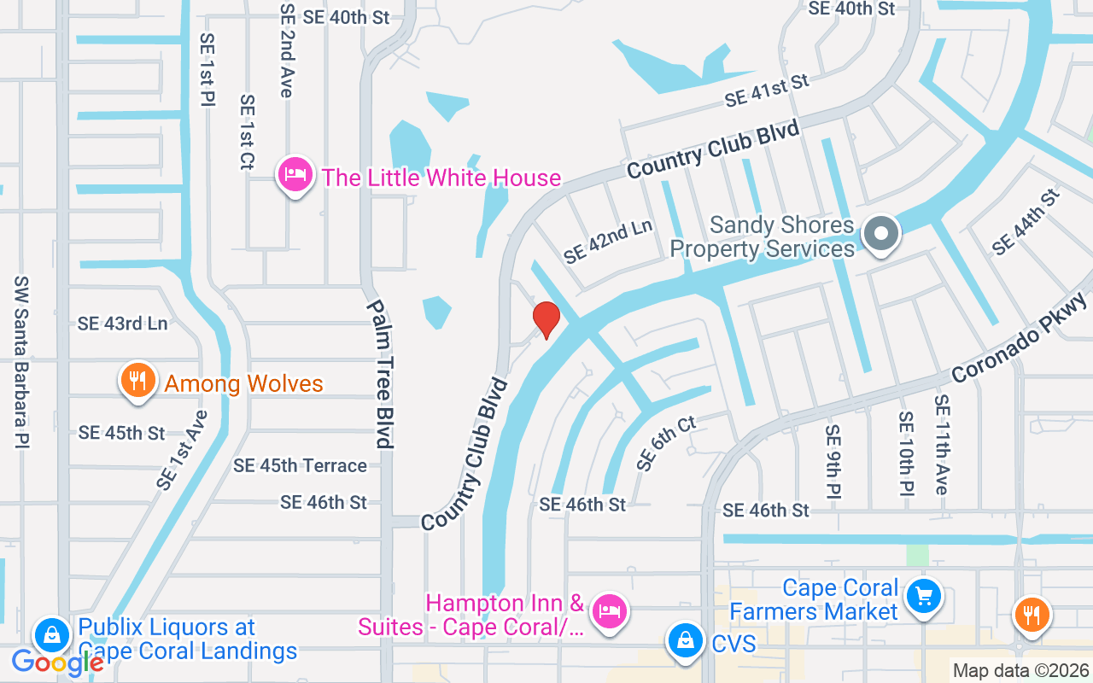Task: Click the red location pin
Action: coord(546,319)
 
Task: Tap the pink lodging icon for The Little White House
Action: coord(295,175)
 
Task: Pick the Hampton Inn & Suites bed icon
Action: coord(611,611)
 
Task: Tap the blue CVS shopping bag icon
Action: coord(685,641)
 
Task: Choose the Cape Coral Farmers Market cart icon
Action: coord(923,596)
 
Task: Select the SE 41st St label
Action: coord(766,90)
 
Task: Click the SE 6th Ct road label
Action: coord(666,444)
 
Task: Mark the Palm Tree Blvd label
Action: coord(379,373)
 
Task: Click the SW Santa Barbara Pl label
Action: coord(22,362)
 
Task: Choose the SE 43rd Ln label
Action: coord(122,324)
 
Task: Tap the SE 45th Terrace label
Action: coord(300,465)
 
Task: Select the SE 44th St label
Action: coord(1026,221)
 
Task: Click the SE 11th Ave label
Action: coord(941,444)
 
